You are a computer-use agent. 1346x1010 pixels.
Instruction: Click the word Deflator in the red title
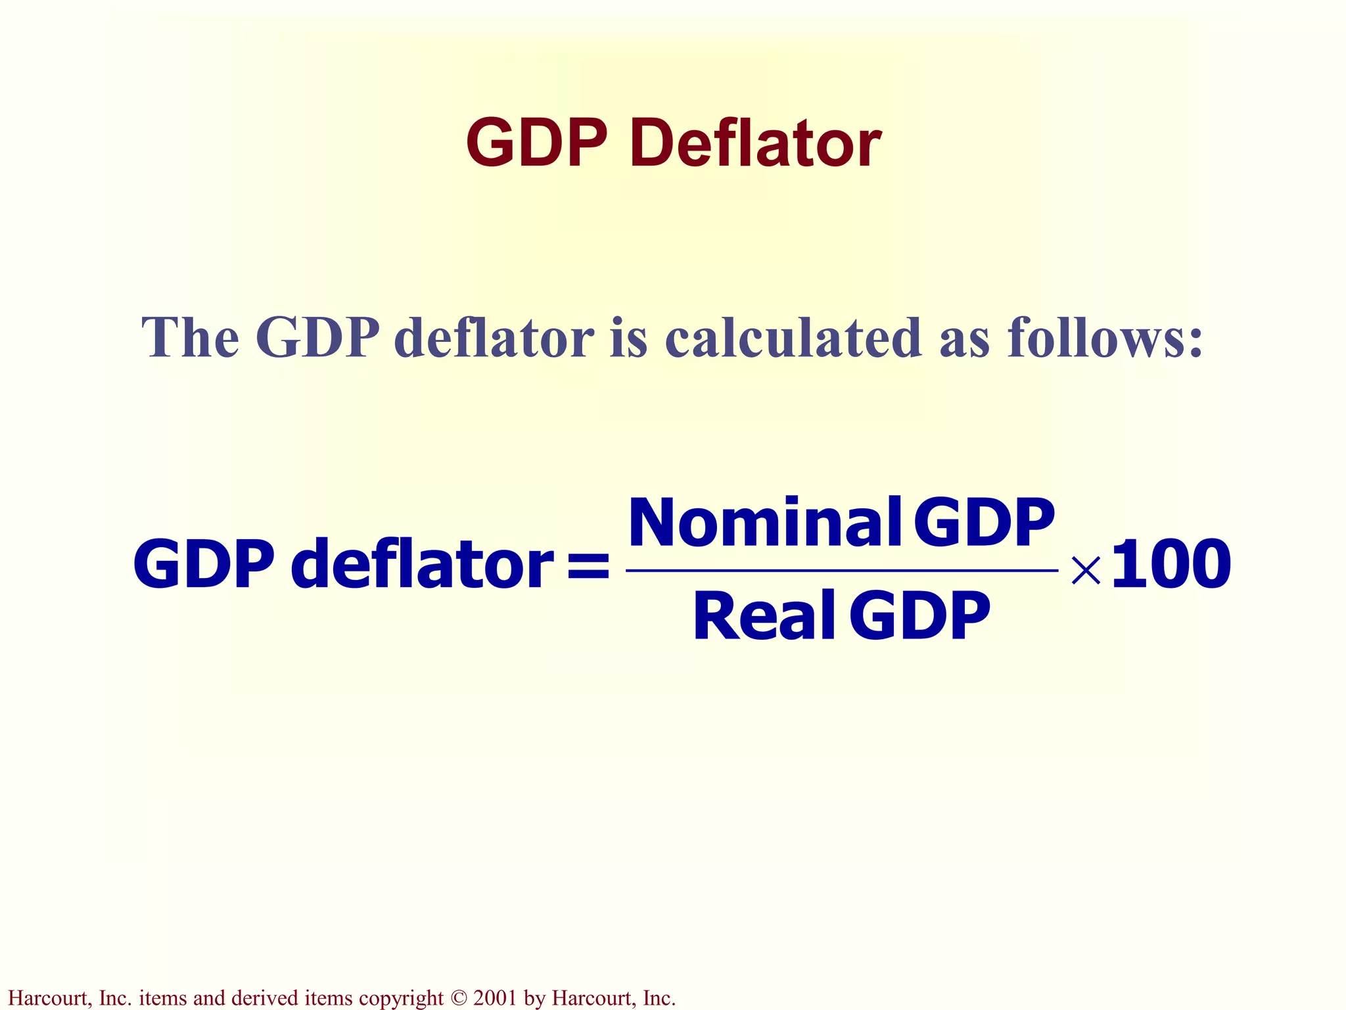coord(755,143)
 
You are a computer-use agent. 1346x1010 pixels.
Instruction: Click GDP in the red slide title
coord(536,143)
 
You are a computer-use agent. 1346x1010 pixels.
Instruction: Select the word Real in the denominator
coord(764,616)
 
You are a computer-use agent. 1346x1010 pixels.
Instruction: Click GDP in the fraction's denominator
coord(919,616)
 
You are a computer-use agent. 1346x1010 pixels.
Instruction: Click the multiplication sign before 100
coord(1085,570)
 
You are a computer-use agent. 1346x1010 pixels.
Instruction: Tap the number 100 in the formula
coord(1171,564)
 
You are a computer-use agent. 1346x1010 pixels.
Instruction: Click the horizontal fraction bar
coord(841,571)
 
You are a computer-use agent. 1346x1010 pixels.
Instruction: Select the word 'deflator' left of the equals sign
coord(423,564)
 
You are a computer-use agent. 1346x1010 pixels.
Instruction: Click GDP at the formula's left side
coord(204,564)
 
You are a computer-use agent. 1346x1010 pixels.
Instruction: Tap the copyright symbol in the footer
coord(458,998)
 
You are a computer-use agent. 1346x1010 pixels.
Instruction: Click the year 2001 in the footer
coord(495,998)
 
